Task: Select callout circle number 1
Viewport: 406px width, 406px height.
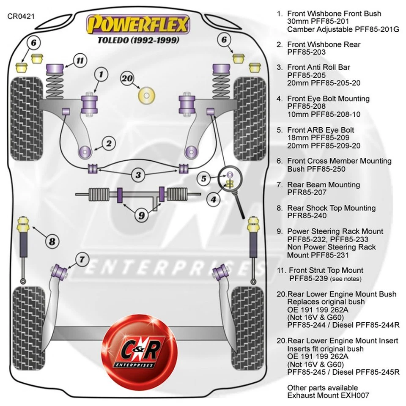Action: (101, 75)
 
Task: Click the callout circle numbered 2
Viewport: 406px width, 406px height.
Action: (109, 144)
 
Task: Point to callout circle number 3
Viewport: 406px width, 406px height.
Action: (138, 174)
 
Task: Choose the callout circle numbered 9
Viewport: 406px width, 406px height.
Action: (141, 215)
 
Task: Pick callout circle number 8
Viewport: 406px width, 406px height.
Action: (52, 241)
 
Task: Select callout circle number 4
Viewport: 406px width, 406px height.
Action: (214, 199)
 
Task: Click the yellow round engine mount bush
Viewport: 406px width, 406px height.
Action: (147, 96)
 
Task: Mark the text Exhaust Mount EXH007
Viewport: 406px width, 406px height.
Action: (328, 395)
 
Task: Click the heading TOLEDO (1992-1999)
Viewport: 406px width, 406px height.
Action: (138, 41)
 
